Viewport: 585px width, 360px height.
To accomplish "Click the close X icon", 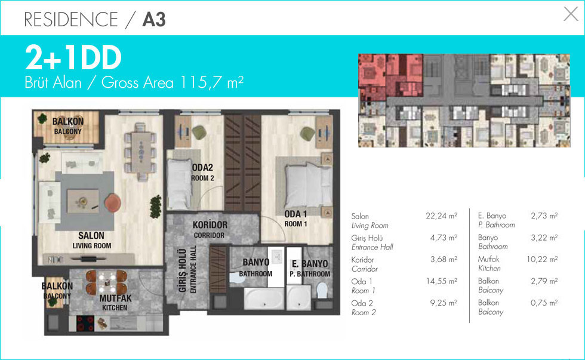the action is pyautogui.click(x=571, y=14).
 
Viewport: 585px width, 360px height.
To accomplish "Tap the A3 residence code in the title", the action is pyautogui.click(x=154, y=19).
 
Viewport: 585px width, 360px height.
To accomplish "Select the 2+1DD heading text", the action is pyautogui.click(x=73, y=58).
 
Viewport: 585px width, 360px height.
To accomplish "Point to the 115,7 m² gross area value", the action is pyautogui.click(x=211, y=82).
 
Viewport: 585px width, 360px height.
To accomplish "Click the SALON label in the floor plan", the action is pyautogui.click(x=91, y=235).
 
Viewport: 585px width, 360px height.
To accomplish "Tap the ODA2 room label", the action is pyautogui.click(x=202, y=168).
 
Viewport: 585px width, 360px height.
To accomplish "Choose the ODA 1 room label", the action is pyautogui.click(x=295, y=214).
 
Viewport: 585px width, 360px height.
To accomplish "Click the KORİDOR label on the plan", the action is pyautogui.click(x=210, y=225).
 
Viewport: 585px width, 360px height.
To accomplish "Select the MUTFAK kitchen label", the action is pyautogui.click(x=115, y=298).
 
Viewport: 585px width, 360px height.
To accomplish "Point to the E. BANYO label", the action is pyautogui.click(x=310, y=264).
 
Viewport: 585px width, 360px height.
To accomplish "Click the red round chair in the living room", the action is pyautogui.click(x=113, y=204).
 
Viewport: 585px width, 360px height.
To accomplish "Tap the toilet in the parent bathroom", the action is pyautogui.click(x=322, y=291).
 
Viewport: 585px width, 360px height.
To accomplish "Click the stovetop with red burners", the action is pyautogui.click(x=85, y=324).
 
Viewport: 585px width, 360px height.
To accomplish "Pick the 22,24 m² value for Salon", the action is pyautogui.click(x=441, y=216).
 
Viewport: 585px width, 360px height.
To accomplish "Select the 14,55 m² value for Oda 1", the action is pyautogui.click(x=442, y=281).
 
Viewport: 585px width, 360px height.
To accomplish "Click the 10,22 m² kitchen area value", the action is pyautogui.click(x=542, y=259).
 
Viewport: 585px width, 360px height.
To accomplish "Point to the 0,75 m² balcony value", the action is pyautogui.click(x=544, y=303).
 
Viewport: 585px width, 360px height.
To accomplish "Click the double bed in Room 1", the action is pyautogui.click(x=308, y=186).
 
